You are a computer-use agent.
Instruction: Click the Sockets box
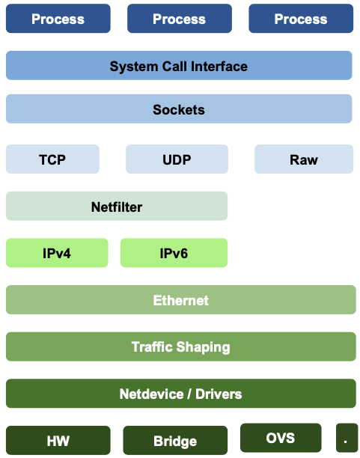point(179,109)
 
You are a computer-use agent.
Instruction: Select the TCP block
point(52,159)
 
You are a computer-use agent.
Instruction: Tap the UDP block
point(177,159)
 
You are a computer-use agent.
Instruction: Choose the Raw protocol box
point(304,159)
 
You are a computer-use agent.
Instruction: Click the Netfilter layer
point(117,206)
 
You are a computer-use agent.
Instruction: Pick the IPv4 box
point(57,253)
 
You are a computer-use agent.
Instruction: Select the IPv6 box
point(174,253)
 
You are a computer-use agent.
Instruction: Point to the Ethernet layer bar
point(181,299)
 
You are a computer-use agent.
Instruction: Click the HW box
point(58,440)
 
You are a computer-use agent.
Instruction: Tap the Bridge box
point(175,440)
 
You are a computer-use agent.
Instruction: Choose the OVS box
point(281,438)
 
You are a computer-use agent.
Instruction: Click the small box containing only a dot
point(347,438)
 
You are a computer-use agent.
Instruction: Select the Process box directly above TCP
point(58,19)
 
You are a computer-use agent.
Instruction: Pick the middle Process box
point(180,19)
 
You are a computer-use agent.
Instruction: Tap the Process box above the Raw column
point(301,19)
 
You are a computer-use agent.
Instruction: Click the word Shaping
point(203,347)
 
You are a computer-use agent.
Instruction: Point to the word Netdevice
point(152,394)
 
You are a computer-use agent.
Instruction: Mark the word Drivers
point(219,394)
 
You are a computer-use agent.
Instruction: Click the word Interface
point(219,67)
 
